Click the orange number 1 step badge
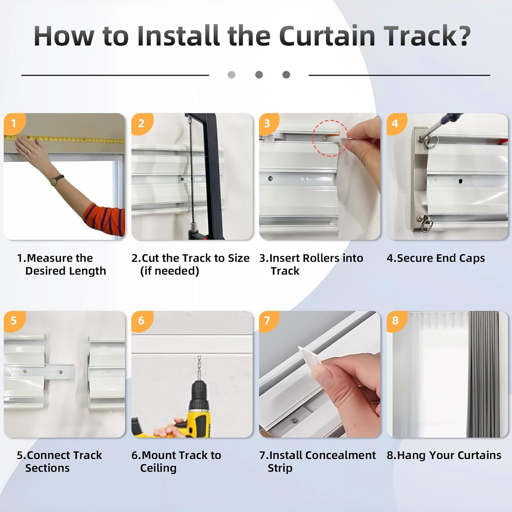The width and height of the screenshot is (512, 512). (14, 123)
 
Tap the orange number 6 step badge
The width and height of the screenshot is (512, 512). (141, 321)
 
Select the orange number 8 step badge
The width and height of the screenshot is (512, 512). (395, 321)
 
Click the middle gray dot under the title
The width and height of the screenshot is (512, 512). (259, 75)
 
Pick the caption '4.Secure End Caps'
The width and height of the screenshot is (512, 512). (436, 258)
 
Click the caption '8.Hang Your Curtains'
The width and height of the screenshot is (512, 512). (444, 455)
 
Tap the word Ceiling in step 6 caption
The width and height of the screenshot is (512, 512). (158, 468)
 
